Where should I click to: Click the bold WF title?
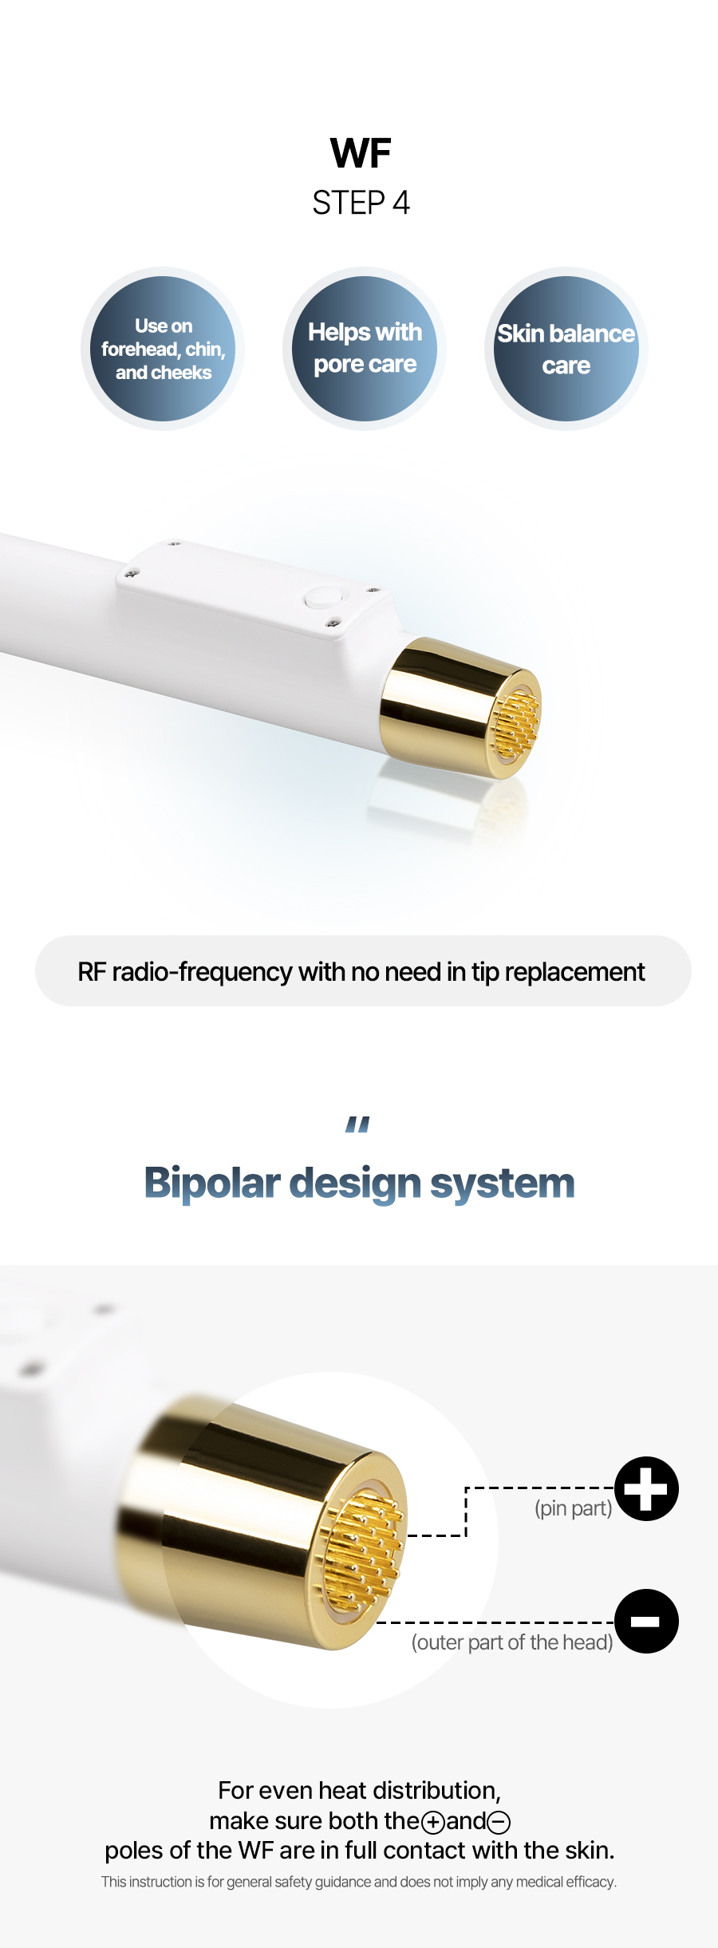[361, 152]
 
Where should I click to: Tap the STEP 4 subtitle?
[361, 203]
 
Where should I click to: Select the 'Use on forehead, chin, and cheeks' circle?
[163, 349]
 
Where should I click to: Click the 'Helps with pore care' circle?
[365, 349]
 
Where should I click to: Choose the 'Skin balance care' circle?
[566, 349]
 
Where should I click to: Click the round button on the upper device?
[323, 597]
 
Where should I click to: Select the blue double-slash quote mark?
[357, 1124]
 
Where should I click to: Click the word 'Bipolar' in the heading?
[211, 1184]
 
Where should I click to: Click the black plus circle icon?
[646, 1488]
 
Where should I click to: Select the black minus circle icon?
[646, 1621]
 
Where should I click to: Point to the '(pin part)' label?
[574, 1508]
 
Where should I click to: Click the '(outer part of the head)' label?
[512, 1642]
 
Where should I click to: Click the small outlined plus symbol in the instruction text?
[433, 1822]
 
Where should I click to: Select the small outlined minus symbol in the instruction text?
[499, 1822]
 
